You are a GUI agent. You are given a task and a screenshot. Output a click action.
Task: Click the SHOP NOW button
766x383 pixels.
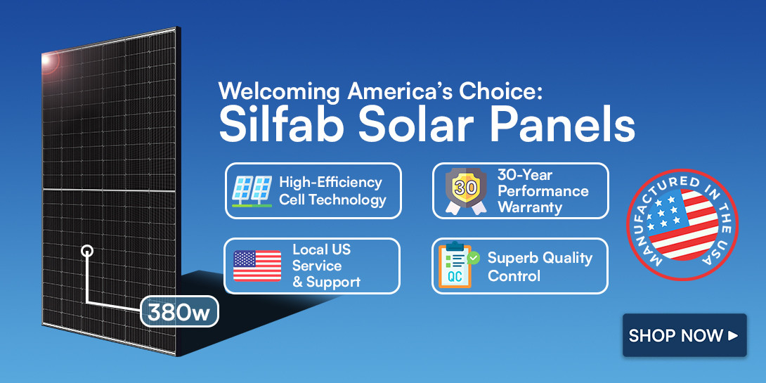click(x=684, y=335)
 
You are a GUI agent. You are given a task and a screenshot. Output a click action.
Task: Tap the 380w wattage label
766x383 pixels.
click(x=179, y=311)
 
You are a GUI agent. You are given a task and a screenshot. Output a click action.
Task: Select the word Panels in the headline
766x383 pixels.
click(x=562, y=125)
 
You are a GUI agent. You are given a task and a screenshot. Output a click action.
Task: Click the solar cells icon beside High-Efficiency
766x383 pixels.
click(x=252, y=190)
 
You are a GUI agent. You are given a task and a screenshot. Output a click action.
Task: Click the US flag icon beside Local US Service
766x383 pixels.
click(x=257, y=266)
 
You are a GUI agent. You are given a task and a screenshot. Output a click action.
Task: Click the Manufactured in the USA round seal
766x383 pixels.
click(x=682, y=224)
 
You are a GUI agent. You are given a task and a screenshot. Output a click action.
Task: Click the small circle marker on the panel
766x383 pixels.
click(x=87, y=250)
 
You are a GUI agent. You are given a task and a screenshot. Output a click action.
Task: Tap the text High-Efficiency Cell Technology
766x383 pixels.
click(x=332, y=190)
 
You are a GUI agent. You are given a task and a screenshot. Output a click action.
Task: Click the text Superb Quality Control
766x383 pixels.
click(x=540, y=266)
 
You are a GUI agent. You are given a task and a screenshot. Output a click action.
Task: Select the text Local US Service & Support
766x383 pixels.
click(x=325, y=266)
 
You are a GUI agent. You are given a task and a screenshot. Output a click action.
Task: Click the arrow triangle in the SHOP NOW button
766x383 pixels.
click(x=733, y=335)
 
